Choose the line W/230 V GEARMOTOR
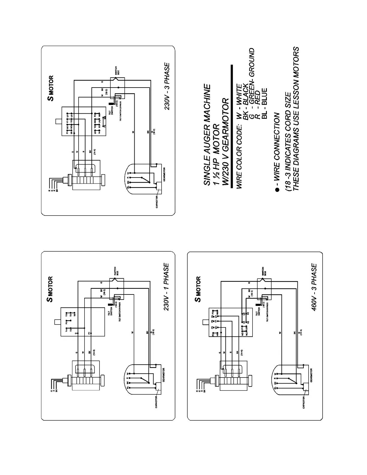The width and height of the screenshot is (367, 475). click(225, 142)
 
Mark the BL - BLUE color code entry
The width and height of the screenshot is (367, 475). click(264, 103)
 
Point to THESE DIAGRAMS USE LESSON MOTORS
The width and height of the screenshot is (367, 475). click(296, 118)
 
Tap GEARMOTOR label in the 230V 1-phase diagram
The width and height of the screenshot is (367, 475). click(164, 375)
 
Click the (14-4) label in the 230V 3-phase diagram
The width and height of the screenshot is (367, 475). click(95, 152)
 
